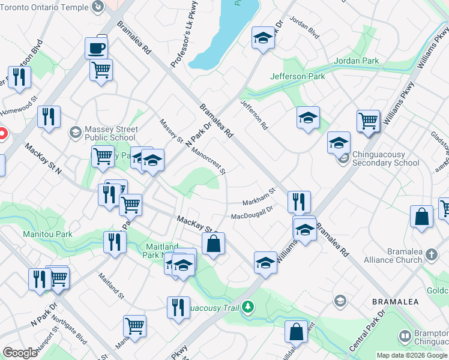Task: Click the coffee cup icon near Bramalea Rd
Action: (x=97, y=47)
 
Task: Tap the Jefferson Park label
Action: (x=297, y=76)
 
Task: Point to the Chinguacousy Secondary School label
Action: (x=385, y=159)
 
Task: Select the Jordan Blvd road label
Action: (x=304, y=27)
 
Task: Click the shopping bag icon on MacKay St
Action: (x=213, y=244)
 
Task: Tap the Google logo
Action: (x=20, y=353)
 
